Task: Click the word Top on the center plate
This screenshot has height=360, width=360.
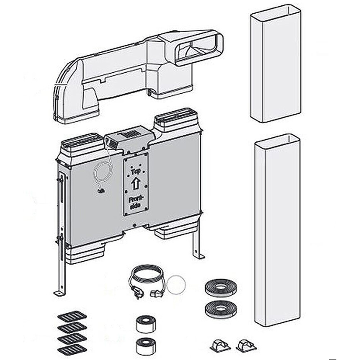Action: [134, 170]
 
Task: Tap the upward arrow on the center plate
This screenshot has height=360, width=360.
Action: [135, 183]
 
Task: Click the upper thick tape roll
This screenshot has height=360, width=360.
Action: [146, 324]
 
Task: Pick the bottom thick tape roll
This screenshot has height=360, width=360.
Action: [146, 345]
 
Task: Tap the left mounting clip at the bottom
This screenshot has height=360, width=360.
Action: [220, 345]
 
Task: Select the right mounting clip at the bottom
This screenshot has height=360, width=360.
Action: [246, 345]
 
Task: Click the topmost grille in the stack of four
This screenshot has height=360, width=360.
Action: [72, 316]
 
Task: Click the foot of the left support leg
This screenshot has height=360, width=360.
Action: [60, 293]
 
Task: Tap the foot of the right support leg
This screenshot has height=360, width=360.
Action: [199, 256]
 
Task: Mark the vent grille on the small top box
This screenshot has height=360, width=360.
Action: [131, 135]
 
